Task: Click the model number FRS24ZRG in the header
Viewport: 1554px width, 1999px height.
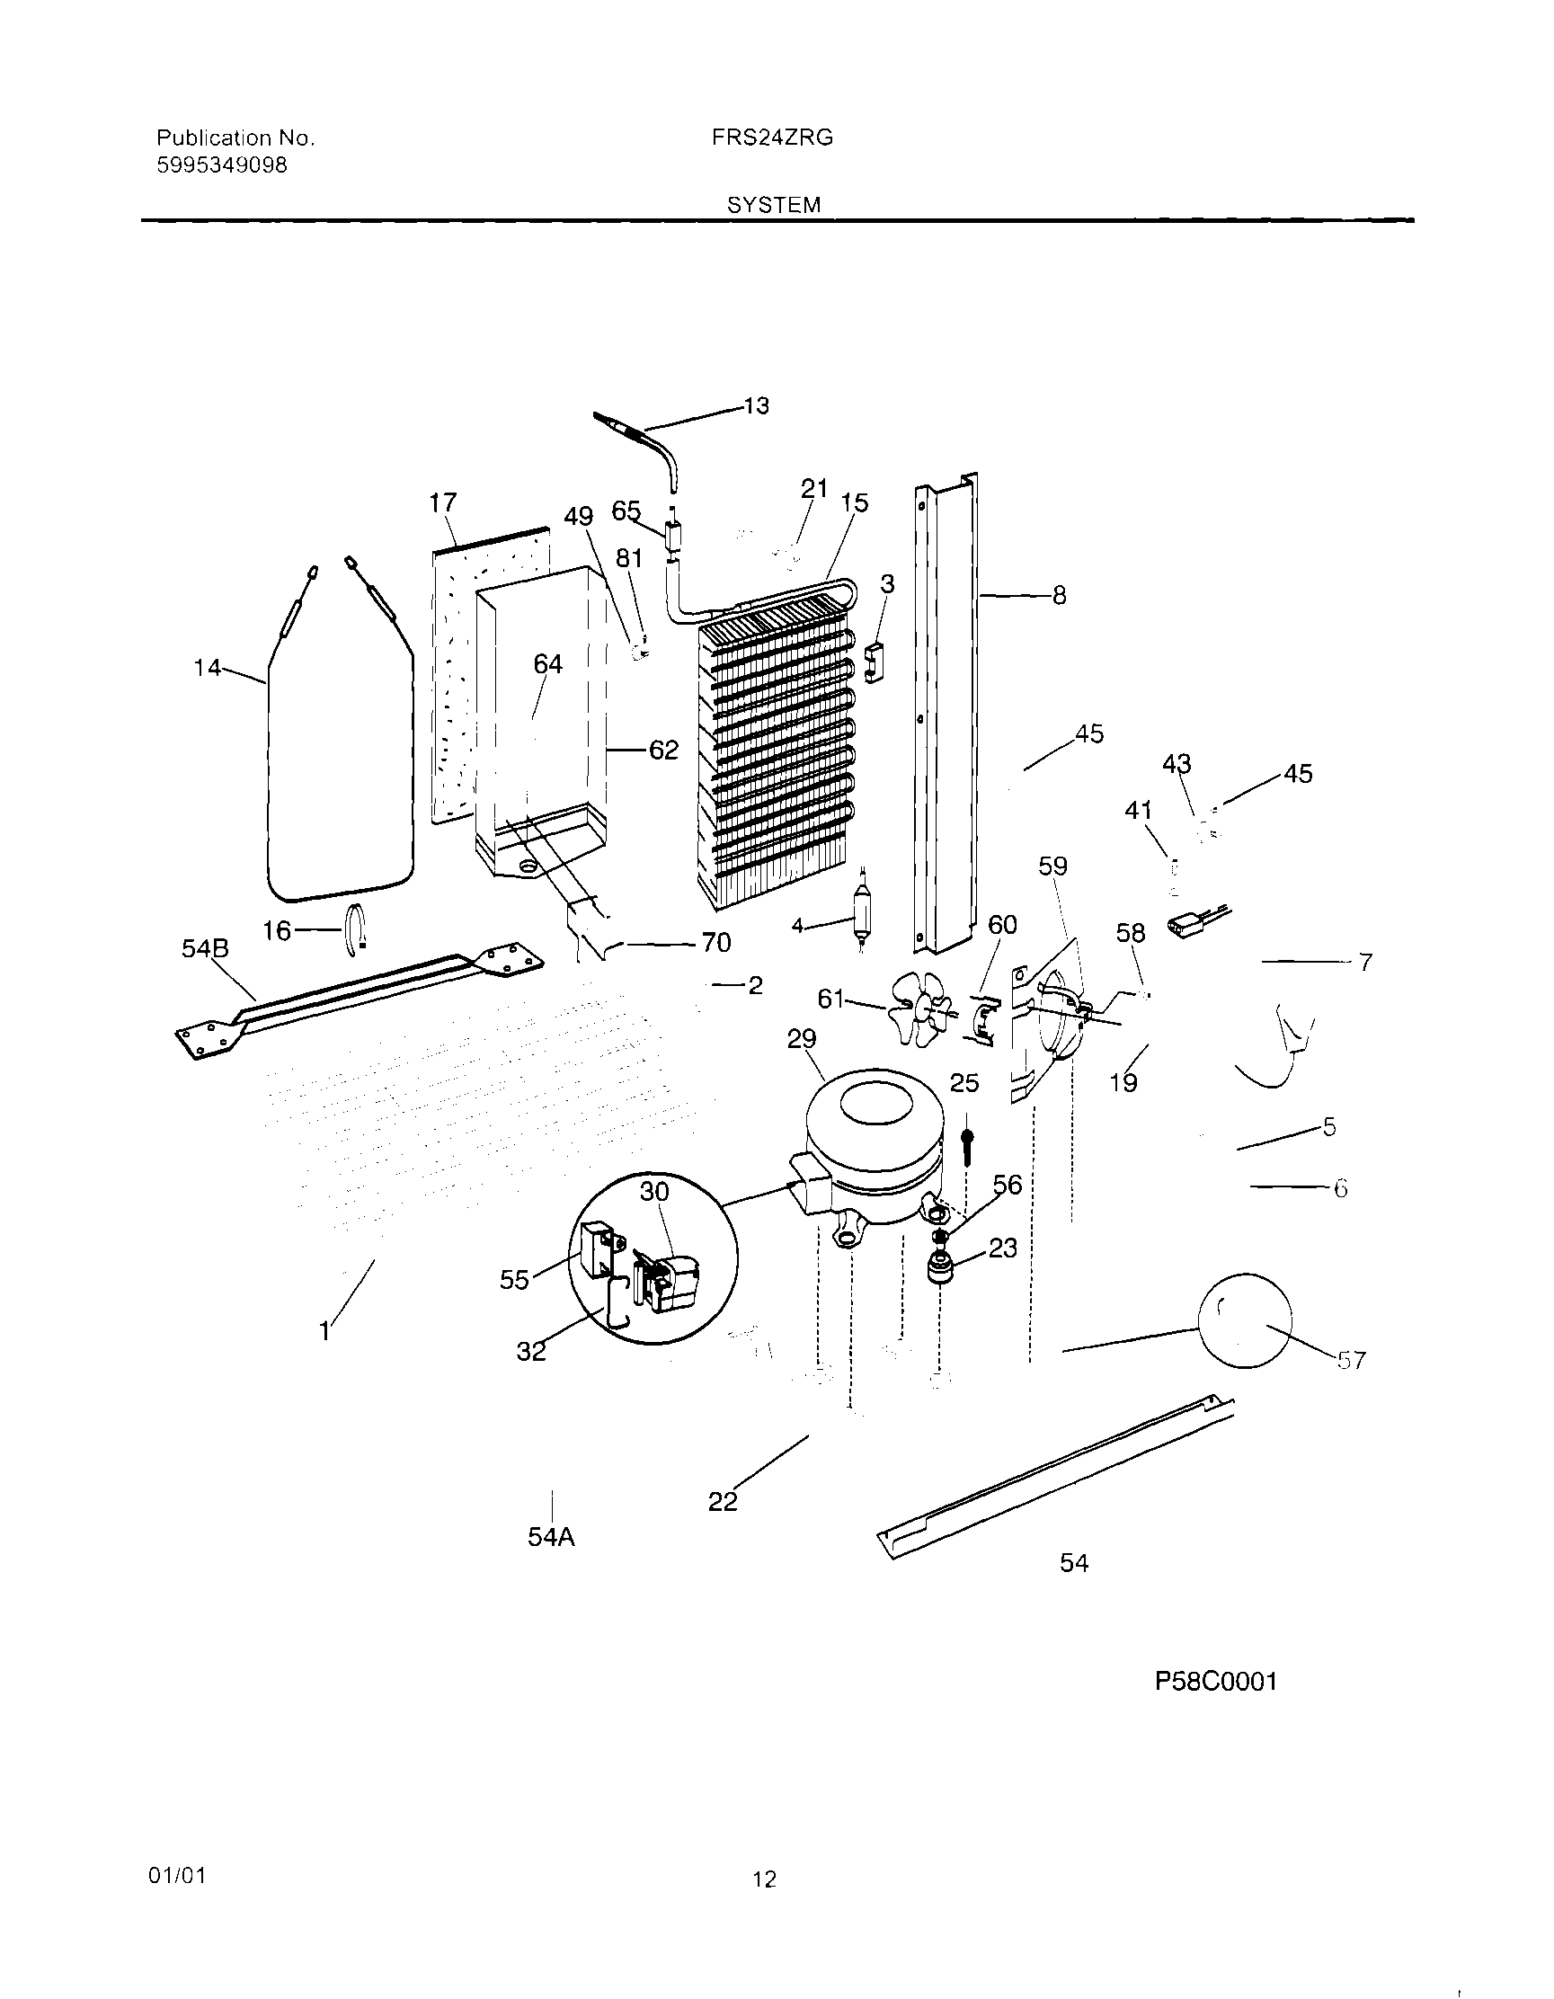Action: point(771,138)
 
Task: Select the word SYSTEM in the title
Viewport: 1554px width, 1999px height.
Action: point(773,205)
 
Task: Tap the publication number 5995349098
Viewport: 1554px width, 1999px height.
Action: point(221,165)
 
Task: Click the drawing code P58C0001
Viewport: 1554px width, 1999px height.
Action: point(1215,1682)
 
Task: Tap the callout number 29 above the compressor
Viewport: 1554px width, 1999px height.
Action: point(801,1039)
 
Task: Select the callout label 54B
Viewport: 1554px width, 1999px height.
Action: point(205,949)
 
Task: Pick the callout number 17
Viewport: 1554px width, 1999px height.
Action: point(443,502)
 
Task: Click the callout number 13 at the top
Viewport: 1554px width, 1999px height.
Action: point(756,405)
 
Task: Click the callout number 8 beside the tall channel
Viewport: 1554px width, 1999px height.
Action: point(1059,596)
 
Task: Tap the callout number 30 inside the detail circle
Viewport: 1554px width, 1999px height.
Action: point(654,1192)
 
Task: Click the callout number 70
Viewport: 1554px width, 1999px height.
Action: point(715,942)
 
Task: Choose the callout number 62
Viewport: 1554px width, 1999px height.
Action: point(663,751)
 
